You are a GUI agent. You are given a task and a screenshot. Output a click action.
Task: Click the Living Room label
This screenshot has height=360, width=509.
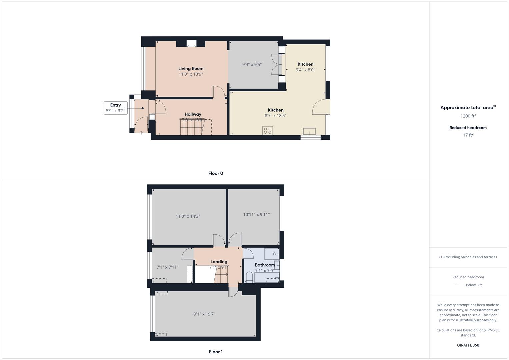click(191, 69)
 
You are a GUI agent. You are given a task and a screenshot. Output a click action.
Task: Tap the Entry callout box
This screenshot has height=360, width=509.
click(115, 108)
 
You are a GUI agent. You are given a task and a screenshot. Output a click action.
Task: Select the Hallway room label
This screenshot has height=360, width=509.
click(193, 114)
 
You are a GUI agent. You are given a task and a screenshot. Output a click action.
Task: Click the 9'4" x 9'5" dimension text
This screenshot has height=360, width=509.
click(252, 64)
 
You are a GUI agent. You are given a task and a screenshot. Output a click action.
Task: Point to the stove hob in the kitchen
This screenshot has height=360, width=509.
click(267, 130)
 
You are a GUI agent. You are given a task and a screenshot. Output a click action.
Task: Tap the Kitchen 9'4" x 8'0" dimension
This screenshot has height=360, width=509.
click(305, 70)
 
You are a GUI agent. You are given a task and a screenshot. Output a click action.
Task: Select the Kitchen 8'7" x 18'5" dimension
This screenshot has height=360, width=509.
click(276, 116)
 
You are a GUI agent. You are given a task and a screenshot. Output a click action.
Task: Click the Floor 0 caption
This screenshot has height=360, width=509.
click(216, 173)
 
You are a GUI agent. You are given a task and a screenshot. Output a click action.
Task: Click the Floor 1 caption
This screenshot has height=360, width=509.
click(216, 352)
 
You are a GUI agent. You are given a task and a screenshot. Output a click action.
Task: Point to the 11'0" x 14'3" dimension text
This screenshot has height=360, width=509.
click(188, 216)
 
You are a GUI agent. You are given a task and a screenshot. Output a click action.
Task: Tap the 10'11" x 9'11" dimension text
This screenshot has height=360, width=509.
click(256, 215)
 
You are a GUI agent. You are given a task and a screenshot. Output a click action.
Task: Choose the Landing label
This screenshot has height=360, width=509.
click(219, 262)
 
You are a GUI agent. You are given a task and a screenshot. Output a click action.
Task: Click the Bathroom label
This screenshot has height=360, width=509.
click(265, 265)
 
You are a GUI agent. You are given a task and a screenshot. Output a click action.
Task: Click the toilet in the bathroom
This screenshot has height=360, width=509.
click(249, 277)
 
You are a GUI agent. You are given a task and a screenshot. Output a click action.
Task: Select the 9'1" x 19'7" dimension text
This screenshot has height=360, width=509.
click(204, 314)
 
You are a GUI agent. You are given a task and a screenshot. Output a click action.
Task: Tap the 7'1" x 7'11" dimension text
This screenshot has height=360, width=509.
click(167, 267)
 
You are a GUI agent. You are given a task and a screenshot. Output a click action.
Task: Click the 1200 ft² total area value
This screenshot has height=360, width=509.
click(468, 116)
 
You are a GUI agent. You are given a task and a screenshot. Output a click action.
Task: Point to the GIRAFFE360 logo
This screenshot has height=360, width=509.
click(468, 345)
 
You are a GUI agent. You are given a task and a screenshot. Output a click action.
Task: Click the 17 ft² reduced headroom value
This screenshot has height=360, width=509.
click(468, 135)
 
